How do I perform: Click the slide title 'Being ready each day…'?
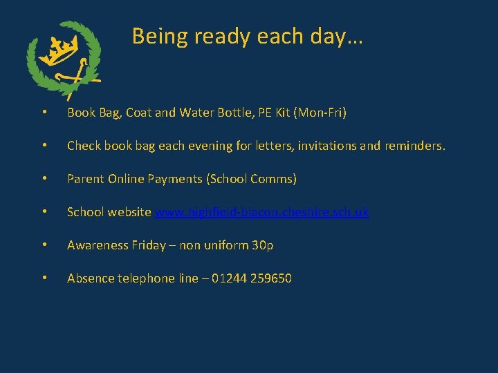click(x=248, y=36)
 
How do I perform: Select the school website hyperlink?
click(x=261, y=212)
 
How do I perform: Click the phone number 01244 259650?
click(x=251, y=278)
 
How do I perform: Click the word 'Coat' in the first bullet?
click(x=138, y=113)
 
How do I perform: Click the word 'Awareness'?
click(x=97, y=245)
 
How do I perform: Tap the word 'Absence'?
click(x=90, y=278)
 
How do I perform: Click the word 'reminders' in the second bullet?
click(x=412, y=146)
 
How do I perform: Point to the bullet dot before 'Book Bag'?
click(x=44, y=113)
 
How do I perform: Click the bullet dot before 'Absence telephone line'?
click(x=44, y=279)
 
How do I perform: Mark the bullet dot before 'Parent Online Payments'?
click(x=44, y=180)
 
